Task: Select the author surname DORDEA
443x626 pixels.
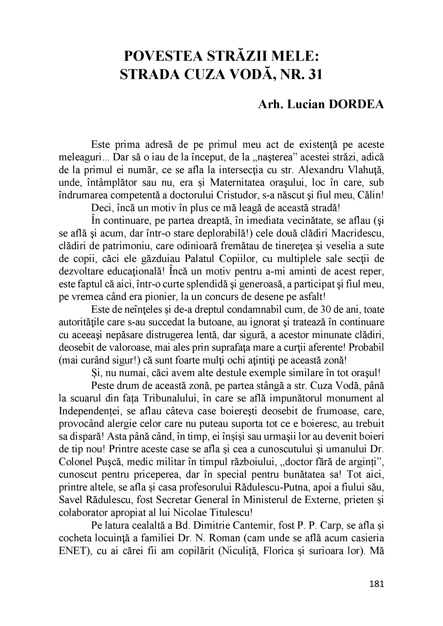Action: (x=357, y=105)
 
